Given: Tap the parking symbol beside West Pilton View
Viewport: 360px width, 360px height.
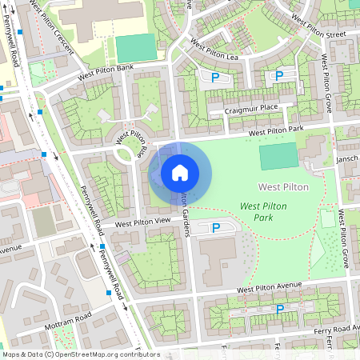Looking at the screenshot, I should pos(214,229).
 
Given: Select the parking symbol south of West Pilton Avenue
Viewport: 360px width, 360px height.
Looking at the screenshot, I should pos(279,309).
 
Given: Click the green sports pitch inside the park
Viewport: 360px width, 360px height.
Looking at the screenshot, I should pos(278,156).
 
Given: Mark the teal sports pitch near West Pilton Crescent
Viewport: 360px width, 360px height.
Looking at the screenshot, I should pos(134,49).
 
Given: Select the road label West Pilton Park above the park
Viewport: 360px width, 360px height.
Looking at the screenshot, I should pos(276,130).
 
